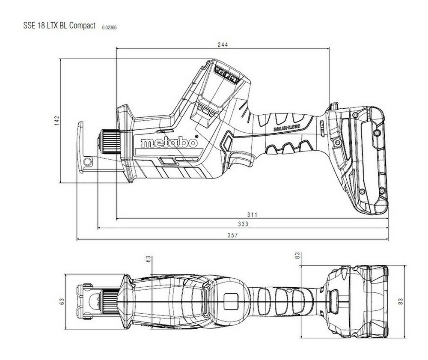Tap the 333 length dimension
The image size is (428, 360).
click(243, 224)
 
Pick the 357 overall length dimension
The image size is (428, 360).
click(232, 235)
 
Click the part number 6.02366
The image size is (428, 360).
click(110, 27)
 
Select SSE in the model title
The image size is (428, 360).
click(29, 26)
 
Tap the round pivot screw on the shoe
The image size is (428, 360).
click(88, 161)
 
